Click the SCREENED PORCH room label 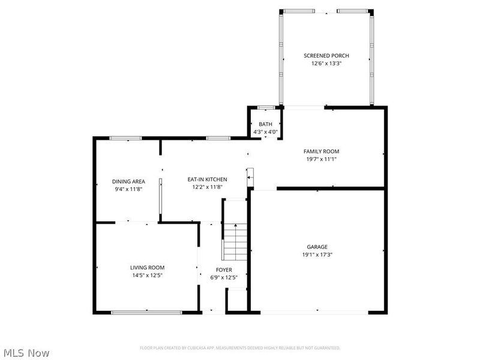coord(326,56)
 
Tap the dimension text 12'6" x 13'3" coord(326,64)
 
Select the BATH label coord(265,124)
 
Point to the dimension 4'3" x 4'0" coord(265,132)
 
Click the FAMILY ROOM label coord(321,152)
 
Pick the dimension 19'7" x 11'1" coord(321,160)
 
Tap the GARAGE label coord(317,247)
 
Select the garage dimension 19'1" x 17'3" coord(317,254)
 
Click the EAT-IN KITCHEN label coord(207,179)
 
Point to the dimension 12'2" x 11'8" coord(207,187)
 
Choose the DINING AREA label coord(128,182)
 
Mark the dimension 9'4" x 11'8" coord(128,190)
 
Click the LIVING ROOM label coord(147,268)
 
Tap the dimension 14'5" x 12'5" coord(147,275)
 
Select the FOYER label coord(224,270)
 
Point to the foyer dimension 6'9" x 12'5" coord(224,278)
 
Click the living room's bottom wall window coord(146,312)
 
